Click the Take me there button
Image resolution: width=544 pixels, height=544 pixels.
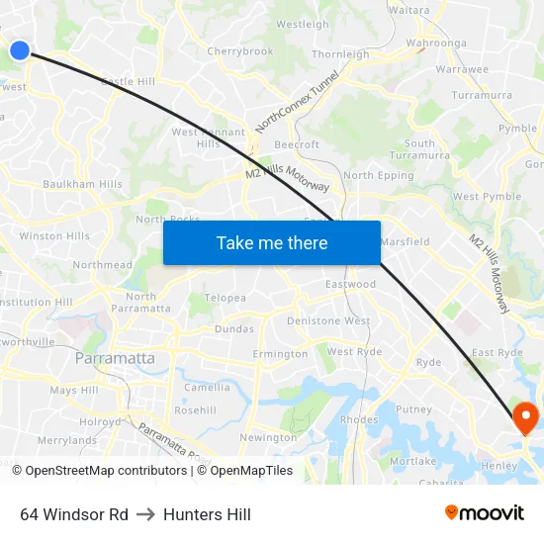click(272, 242)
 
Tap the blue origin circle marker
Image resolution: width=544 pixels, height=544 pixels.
click(19, 49)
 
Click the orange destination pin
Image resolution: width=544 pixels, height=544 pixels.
click(525, 419)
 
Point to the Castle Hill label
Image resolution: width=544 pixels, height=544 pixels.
click(129, 81)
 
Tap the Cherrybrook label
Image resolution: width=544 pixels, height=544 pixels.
click(239, 51)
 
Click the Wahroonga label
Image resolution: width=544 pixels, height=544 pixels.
click(435, 44)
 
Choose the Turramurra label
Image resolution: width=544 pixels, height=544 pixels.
click(481, 95)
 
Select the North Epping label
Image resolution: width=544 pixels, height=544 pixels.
click(378, 176)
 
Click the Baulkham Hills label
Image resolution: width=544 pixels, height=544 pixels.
click(82, 184)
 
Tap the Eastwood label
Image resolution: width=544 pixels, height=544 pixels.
click(351, 284)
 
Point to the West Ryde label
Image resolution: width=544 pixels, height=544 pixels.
click(354, 352)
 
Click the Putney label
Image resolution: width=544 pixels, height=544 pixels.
click(413, 408)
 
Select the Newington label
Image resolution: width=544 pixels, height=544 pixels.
click(268, 437)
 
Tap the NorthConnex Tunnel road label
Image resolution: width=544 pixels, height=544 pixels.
click(297, 101)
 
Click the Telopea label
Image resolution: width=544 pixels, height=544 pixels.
click(225, 298)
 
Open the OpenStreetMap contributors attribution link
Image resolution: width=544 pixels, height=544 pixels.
click(106, 471)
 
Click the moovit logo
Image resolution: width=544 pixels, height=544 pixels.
click(485, 512)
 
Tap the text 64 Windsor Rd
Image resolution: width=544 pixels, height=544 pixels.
click(74, 514)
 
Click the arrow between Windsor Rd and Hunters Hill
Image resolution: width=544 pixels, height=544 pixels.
click(145, 514)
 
